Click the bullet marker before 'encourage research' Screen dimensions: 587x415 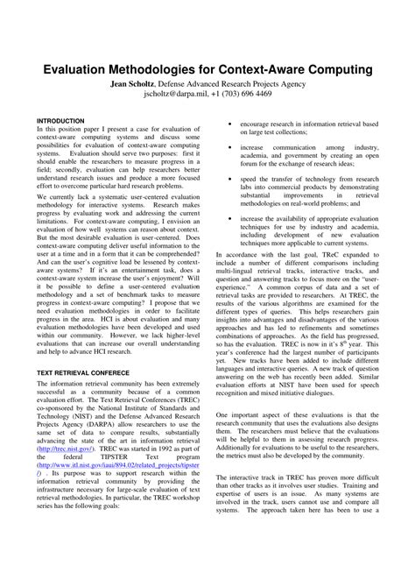coord(228,124)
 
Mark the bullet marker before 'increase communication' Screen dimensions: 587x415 coord(228,147)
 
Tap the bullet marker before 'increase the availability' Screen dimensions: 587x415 coord(228,215)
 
